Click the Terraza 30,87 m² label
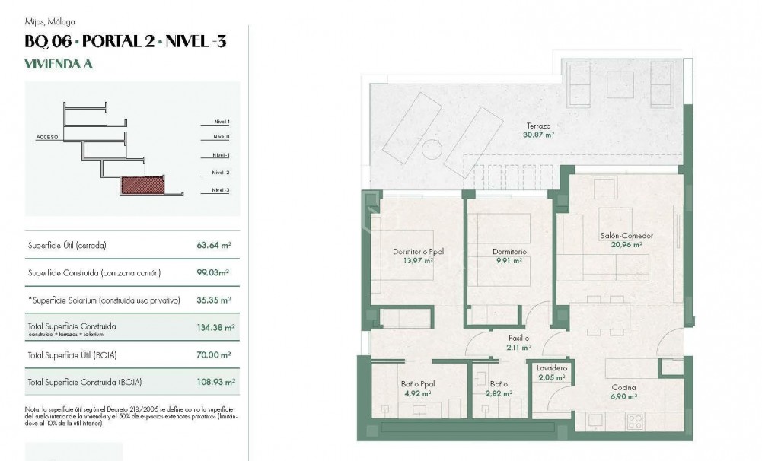coord(538,130)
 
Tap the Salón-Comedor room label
coord(626,240)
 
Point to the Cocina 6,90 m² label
coord(624,391)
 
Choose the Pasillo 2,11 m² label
coord(519,343)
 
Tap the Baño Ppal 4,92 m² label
coord(417,389)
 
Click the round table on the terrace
coord(432,149)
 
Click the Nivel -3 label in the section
coord(221,190)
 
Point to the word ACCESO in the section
coord(47,138)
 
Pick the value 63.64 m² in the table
coord(214,246)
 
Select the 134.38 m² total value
coord(215,328)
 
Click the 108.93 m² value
coord(215,382)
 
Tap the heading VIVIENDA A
coord(59,65)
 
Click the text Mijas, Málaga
coord(49,22)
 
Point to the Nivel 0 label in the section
coord(222,137)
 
